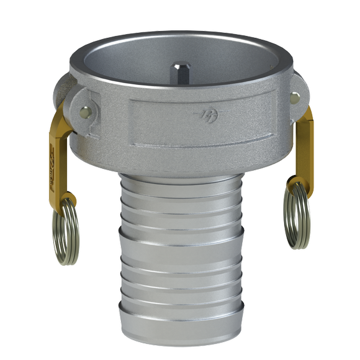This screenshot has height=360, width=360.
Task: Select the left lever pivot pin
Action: click(x=85, y=112)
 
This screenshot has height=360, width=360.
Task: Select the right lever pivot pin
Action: click(x=295, y=97)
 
